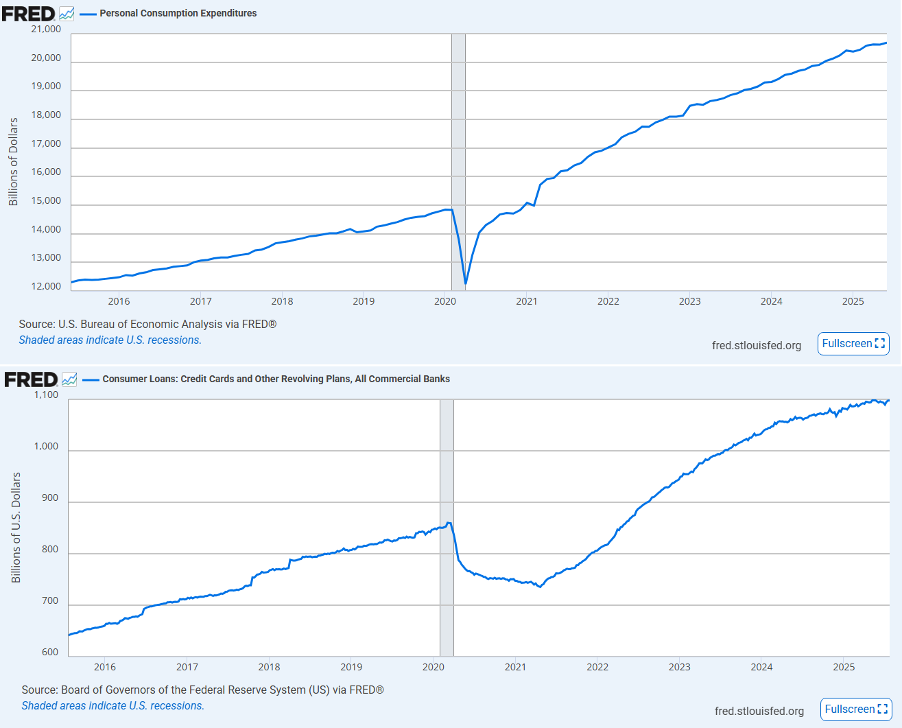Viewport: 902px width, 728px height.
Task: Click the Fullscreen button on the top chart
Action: [x=853, y=344]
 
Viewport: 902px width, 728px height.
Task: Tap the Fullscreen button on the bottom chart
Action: [x=855, y=709]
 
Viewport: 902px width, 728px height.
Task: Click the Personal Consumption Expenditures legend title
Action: [x=178, y=13]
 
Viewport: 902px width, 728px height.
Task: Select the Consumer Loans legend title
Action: [x=276, y=379]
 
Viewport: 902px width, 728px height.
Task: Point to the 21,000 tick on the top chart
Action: [x=46, y=30]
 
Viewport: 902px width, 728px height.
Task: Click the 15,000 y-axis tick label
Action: [x=46, y=201]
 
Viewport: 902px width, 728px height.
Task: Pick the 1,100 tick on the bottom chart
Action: [x=46, y=395]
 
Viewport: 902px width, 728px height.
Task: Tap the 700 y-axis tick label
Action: [x=50, y=601]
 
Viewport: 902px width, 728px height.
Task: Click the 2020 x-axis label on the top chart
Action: [x=445, y=301]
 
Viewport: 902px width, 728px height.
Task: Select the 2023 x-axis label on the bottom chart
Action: [x=679, y=667]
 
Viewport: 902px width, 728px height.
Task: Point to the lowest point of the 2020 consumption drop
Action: [x=466, y=283]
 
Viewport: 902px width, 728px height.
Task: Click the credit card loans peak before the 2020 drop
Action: [x=449, y=523]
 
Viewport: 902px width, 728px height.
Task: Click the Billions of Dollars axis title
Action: [x=13, y=161]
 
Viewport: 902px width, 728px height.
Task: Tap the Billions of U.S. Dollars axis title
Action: [x=16, y=528]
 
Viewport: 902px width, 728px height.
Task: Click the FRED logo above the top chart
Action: [x=28, y=13]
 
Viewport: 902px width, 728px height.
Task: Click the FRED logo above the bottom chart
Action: [x=31, y=379]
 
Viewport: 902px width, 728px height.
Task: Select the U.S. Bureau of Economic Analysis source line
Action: [x=147, y=324]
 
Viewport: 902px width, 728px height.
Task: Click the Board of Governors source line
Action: [x=202, y=690]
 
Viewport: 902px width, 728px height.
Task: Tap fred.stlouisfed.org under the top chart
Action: [x=756, y=345]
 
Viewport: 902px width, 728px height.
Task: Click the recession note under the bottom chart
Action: [x=112, y=705]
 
